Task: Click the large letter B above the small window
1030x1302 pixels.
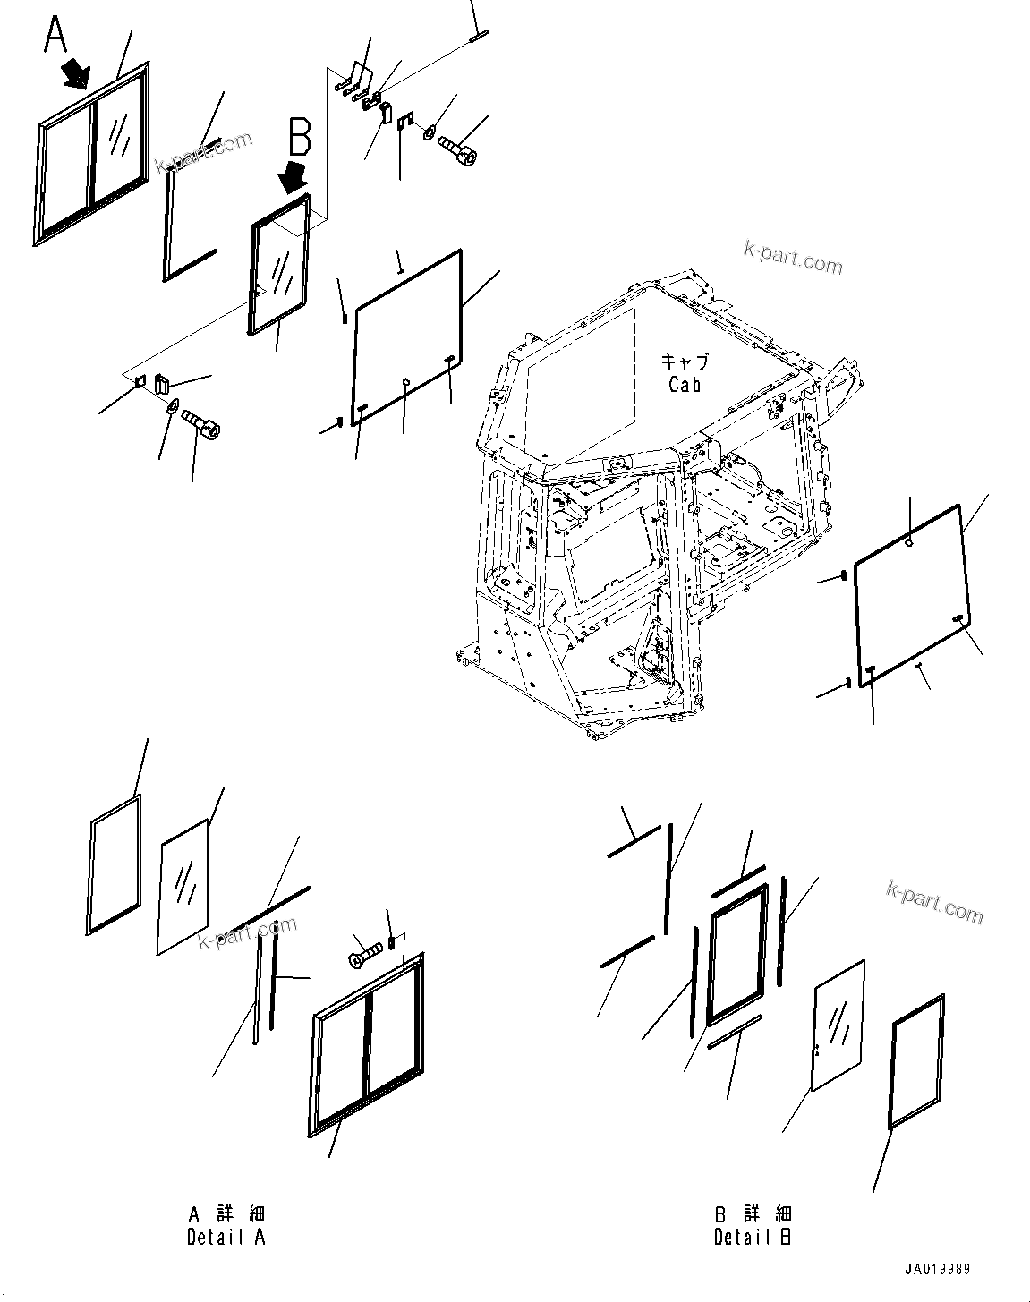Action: (299, 140)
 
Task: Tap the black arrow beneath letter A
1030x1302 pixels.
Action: (77, 72)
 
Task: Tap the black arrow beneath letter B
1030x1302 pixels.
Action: (293, 179)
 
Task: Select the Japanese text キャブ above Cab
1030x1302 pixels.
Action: (685, 362)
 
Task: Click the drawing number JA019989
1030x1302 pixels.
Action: (936, 1270)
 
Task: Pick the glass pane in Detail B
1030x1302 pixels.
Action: (838, 1025)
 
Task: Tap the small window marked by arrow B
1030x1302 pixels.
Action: (279, 266)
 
